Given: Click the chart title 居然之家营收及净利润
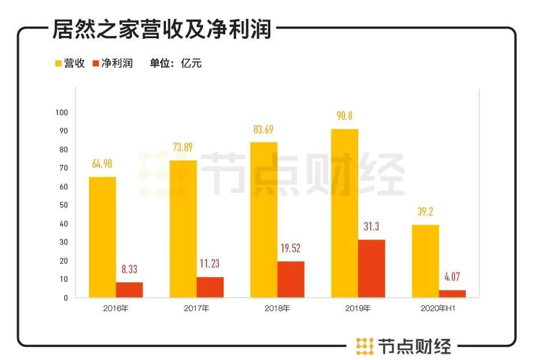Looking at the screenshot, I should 161,29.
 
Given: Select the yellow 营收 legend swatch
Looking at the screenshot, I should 58,63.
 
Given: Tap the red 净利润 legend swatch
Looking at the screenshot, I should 95,63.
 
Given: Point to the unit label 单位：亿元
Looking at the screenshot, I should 176,63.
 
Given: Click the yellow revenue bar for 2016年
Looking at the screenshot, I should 102,237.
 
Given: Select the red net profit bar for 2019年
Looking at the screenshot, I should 371,268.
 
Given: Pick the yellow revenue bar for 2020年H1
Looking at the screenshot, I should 425,261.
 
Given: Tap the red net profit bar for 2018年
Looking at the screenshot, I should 291,279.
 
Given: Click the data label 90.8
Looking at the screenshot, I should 344,116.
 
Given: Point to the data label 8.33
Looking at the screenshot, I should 129,269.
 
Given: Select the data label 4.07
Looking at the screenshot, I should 452,277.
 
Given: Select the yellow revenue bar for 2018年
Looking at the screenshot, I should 264,220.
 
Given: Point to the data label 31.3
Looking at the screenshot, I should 371,227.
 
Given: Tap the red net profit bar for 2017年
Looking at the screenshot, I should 210,287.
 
